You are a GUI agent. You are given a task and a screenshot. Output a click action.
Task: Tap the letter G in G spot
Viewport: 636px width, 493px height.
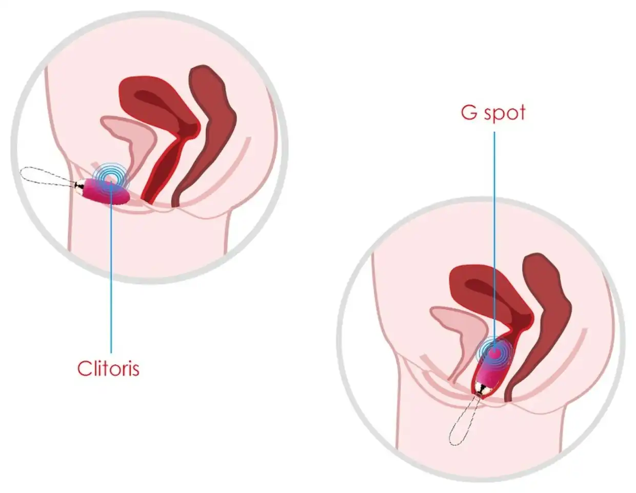click(469, 112)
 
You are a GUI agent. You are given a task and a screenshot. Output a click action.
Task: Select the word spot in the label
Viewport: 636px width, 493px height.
click(505, 113)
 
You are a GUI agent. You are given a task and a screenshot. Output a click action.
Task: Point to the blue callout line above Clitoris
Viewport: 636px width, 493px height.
click(111, 269)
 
